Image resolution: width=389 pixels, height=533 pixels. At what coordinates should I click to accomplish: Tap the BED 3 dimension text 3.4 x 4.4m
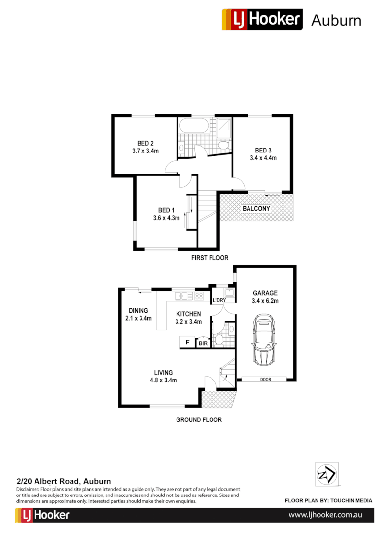click(263, 158)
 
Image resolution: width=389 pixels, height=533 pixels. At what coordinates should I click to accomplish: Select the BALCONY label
click(256, 209)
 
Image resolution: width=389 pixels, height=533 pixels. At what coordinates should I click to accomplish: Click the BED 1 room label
click(166, 210)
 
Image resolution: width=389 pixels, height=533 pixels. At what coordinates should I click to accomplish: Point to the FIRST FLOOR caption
click(210, 258)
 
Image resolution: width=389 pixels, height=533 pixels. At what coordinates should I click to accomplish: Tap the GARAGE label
click(265, 293)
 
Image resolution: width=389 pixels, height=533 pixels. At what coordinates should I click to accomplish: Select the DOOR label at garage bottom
click(266, 379)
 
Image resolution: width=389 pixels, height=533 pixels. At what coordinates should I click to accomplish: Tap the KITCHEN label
click(188, 314)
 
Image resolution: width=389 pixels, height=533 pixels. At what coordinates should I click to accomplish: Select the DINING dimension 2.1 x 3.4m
click(139, 318)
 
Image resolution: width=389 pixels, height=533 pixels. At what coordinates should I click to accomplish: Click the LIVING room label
click(163, 372)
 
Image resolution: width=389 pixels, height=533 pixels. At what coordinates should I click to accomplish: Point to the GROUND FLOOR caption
click(199, 420)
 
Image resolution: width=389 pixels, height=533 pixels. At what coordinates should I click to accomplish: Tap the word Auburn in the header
click(336, 20)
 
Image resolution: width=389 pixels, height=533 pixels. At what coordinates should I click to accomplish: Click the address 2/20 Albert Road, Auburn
click(64, 481)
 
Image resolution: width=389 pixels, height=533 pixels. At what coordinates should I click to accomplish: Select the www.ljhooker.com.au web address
click(325, 515)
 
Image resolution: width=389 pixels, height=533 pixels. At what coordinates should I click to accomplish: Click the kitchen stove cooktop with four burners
click(199, 296)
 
